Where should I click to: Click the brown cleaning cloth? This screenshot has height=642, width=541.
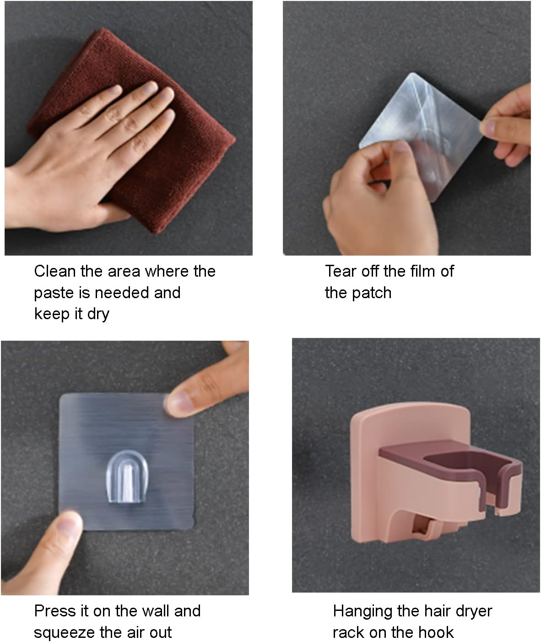[x=173, y=172]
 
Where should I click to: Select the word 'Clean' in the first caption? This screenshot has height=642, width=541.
[x=55, y=271]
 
